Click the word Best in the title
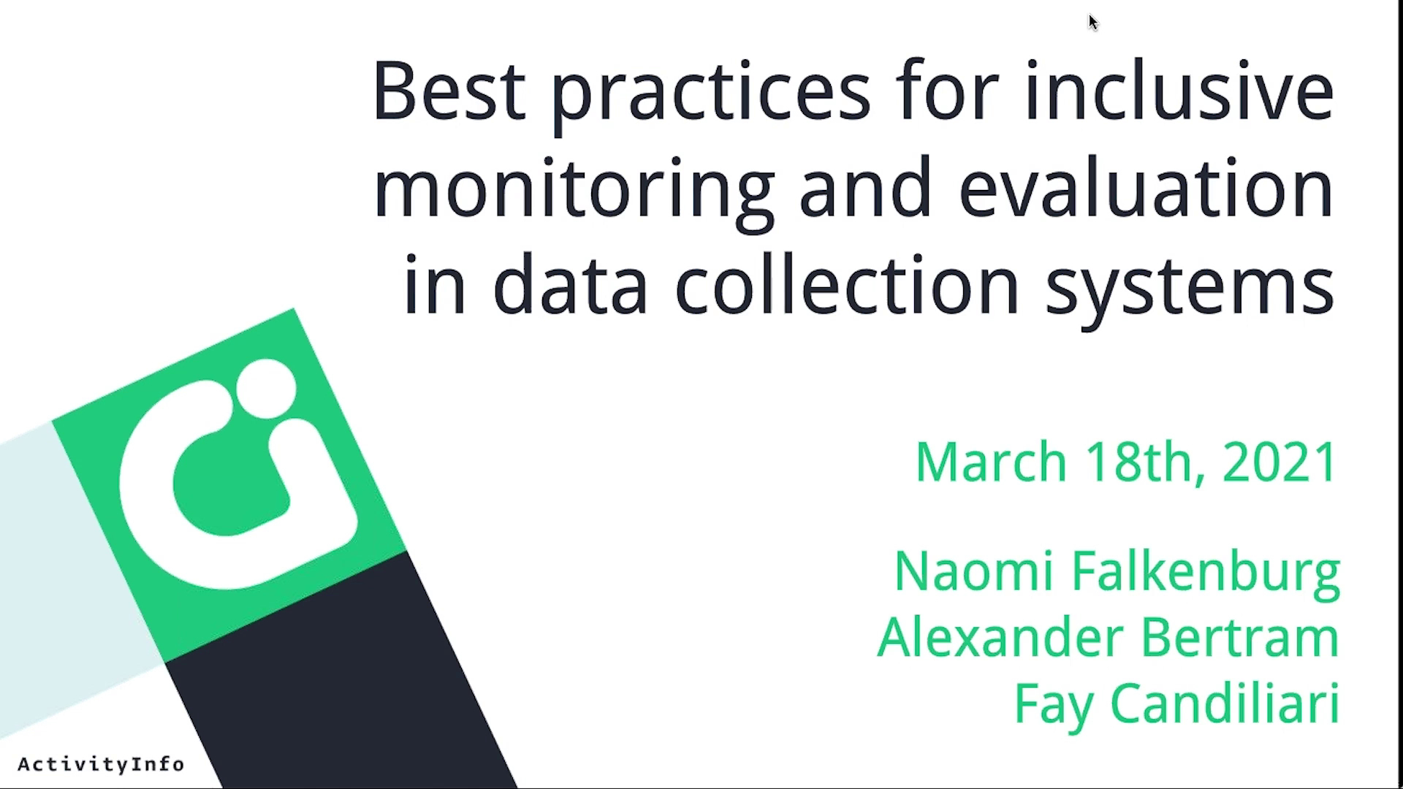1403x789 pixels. [449, 91]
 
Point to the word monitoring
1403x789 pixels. [574, 194]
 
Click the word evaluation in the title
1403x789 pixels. [1147, 187]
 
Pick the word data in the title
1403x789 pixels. [571, 284]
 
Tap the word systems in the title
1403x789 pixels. [1190, 291]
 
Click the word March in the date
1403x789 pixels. [991, 462]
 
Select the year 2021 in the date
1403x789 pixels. [1280, 462]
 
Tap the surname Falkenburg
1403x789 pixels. [1206, 575]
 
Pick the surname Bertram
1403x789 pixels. [1239, 637]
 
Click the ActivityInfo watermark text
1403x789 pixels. [101, 765]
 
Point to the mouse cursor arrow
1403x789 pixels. [1093, 23]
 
